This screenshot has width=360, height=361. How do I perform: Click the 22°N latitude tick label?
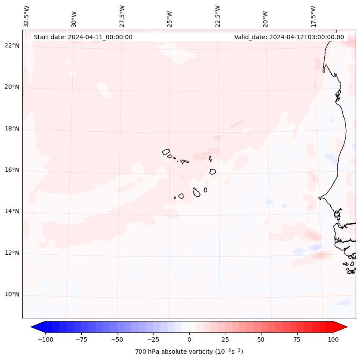click(x=12, y=46)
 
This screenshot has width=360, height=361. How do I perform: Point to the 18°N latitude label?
click(x=12, y=129)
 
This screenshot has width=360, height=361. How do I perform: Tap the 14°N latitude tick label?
click(x=12, y=211)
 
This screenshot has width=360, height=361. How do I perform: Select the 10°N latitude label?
click(x=12, y=294)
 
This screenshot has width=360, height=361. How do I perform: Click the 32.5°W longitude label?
click(x=27, y=16)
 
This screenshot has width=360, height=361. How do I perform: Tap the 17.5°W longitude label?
click(x=313, y=16)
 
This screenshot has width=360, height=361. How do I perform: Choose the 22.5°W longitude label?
click(x=218, y=16)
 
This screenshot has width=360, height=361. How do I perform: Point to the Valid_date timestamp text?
click(x=289, y=37)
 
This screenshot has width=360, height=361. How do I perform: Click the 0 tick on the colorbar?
click(x=189, y=339)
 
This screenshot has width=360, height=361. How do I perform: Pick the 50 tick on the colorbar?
click(x=261, y=339)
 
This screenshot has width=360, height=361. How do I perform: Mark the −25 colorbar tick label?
click(x=153, y=339)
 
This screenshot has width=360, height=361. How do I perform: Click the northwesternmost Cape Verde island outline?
click(x=166, y=152)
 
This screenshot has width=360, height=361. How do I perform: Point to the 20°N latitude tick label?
click(x=12, y=87)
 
